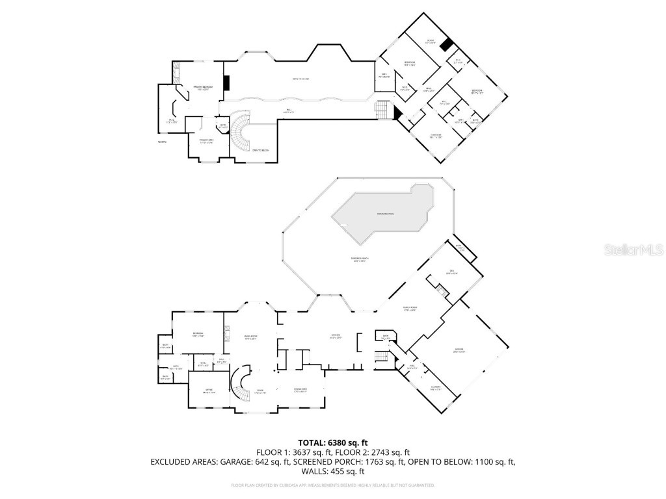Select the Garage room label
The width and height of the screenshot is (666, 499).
tap(459, 352)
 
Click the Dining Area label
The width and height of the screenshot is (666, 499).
tap(300, 389)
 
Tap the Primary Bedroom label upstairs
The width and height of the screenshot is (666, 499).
tap(202, 87)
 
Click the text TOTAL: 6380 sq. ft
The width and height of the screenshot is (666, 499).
tap(333, 442)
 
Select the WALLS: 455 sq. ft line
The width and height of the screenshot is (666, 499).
tap(333, 472)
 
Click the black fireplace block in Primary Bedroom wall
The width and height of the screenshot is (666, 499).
tap(226, 84)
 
